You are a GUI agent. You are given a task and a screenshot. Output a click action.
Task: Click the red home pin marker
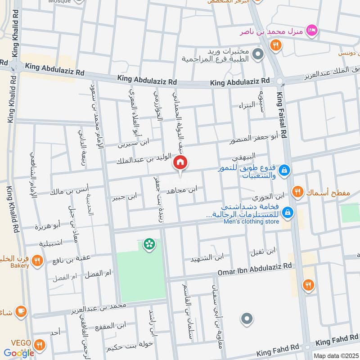pos(180,162)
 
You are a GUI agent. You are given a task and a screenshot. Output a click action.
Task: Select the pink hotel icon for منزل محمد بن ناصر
pos(310,31)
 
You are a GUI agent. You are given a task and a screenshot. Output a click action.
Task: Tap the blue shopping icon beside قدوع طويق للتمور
pos(284,171)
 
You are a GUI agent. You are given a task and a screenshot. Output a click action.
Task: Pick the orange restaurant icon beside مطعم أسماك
pos(297,192)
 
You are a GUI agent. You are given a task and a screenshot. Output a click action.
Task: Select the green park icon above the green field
pos(148,244)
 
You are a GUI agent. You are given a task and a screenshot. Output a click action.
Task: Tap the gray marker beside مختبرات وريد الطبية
pos(258,55)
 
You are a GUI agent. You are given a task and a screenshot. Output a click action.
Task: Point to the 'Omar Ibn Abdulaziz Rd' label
pos(255,267)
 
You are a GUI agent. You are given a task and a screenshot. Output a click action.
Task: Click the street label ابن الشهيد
pos(207,258)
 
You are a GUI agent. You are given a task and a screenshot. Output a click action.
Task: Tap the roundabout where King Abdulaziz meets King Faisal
pos(281,81)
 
